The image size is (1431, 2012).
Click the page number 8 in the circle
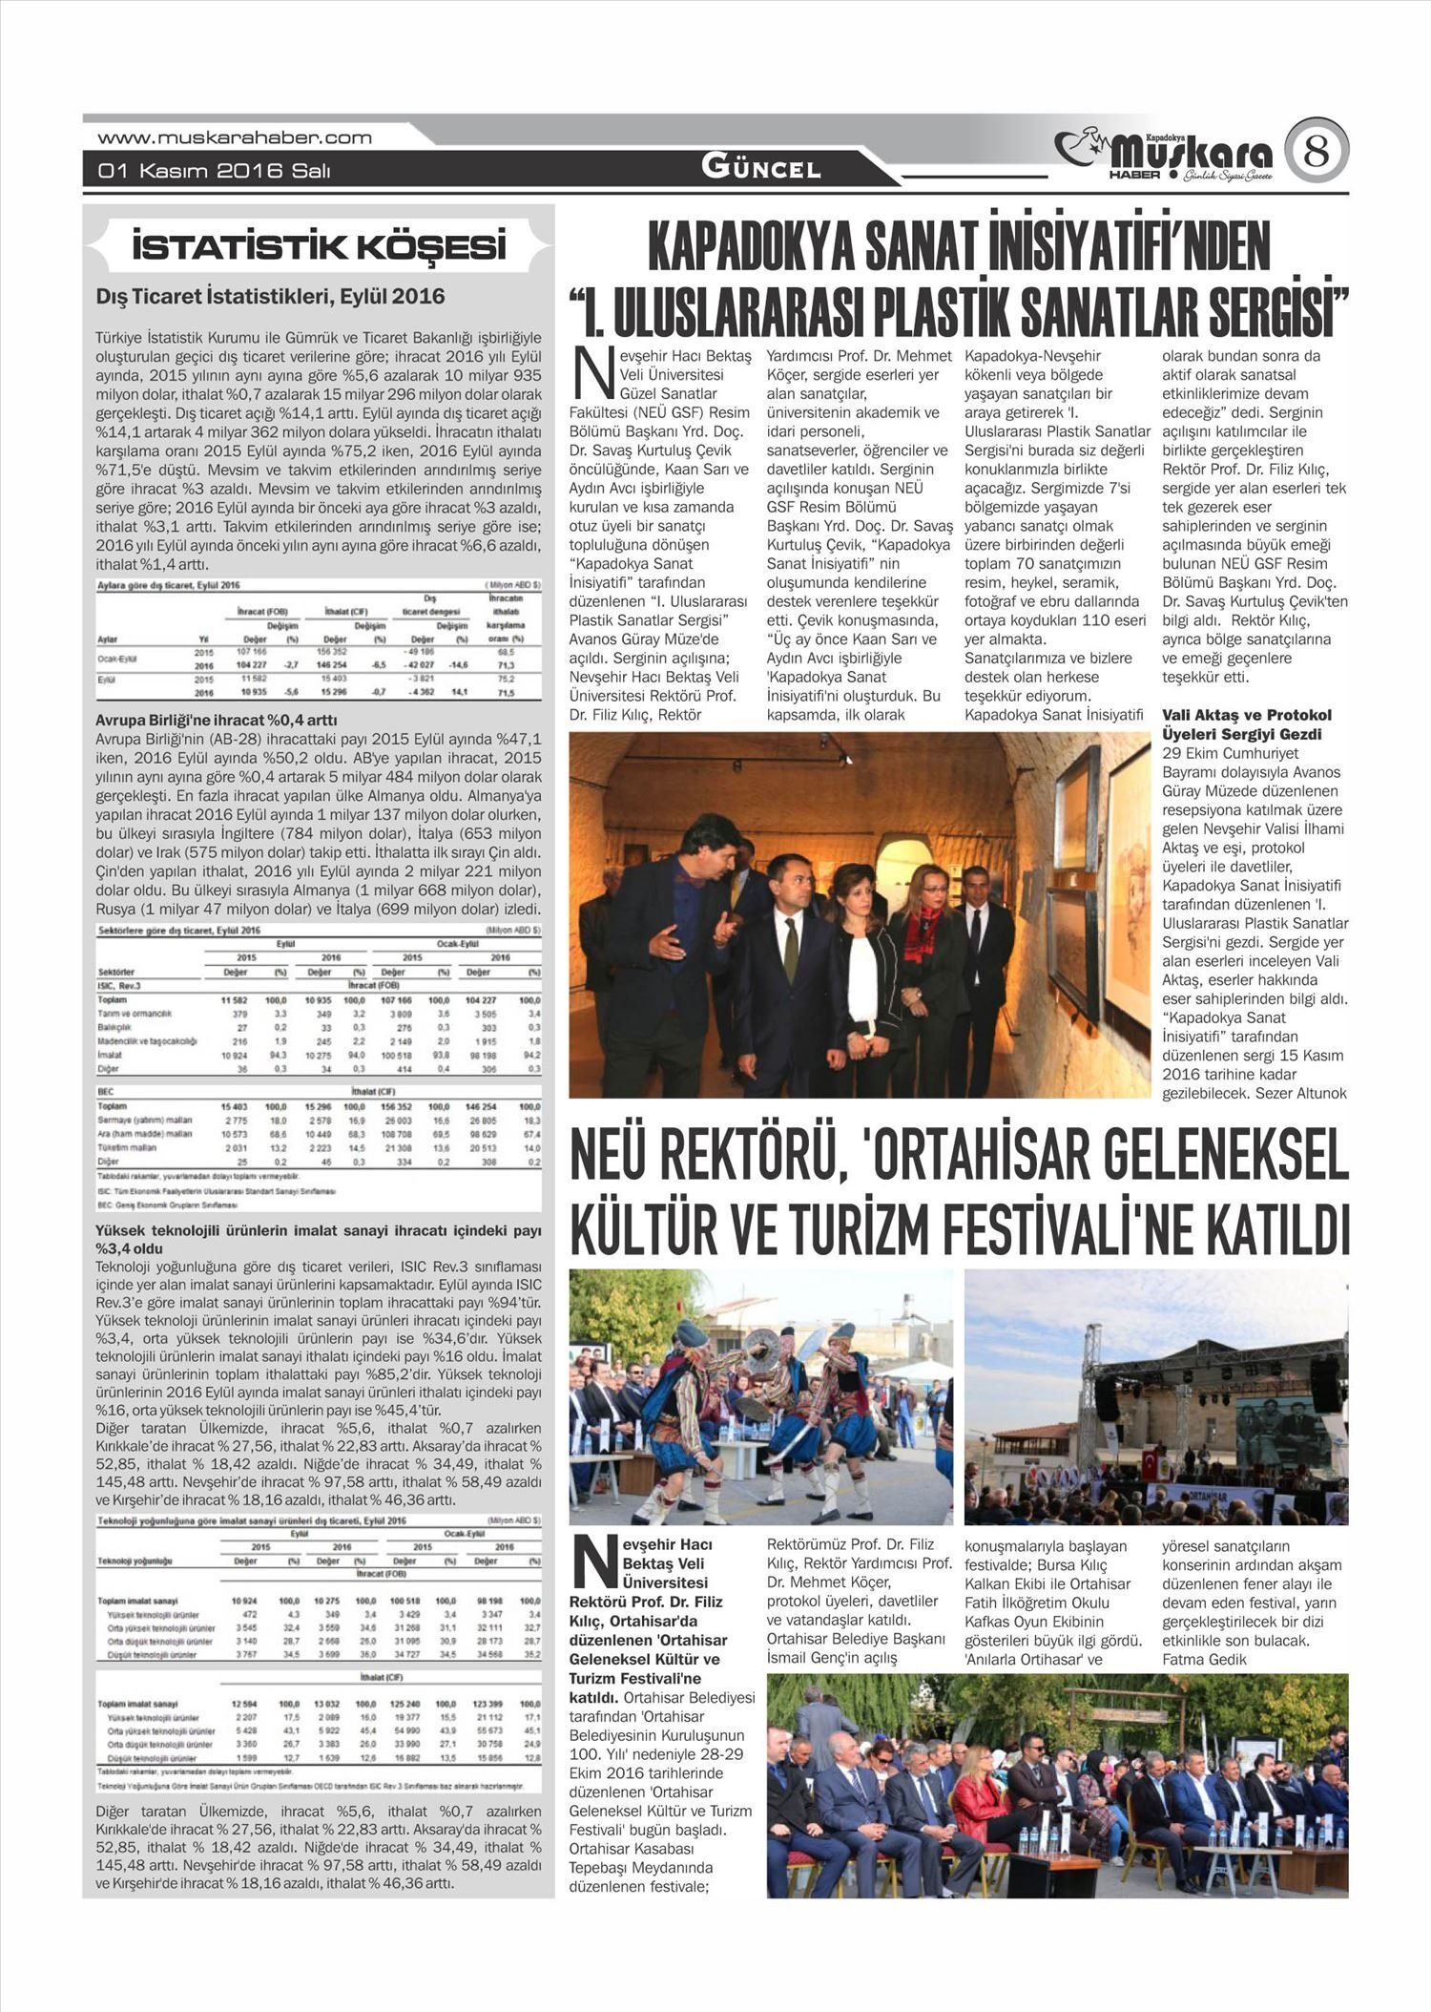tap(1316, 152)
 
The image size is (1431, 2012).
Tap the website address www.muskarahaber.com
tap(235, 137)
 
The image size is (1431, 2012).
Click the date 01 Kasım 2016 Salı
tap(215, 171)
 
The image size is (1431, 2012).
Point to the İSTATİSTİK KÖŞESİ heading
tap(319, 247)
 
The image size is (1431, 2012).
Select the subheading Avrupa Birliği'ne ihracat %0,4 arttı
tap(217, 720)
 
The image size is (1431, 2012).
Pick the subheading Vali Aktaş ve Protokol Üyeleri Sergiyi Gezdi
tap(1247, 724)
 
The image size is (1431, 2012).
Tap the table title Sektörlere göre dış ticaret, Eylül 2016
tap(178, 930)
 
